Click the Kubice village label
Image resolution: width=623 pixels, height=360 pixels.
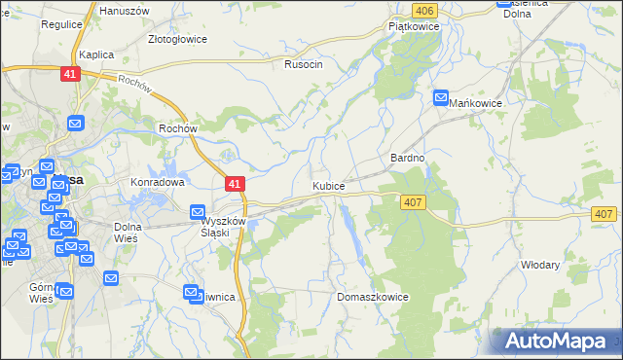(328, 185)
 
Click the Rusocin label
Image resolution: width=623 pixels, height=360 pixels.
(303, 64)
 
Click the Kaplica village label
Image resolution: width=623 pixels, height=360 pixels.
(97, 55)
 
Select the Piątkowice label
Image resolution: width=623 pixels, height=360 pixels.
(415, 26)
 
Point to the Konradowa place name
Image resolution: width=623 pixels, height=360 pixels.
(158, 182)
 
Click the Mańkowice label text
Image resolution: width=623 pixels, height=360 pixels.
(475, 101)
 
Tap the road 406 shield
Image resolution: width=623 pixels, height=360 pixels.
(422, 10)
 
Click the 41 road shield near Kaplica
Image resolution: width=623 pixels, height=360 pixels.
(69, 74)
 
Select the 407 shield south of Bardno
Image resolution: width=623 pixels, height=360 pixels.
(413, 200)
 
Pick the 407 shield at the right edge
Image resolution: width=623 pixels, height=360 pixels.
(604, 214)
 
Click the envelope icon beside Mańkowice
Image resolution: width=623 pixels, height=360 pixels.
(441, 99)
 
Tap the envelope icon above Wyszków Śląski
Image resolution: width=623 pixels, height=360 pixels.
(198, 212)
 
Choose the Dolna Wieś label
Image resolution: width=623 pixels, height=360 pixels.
(128, 233)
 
